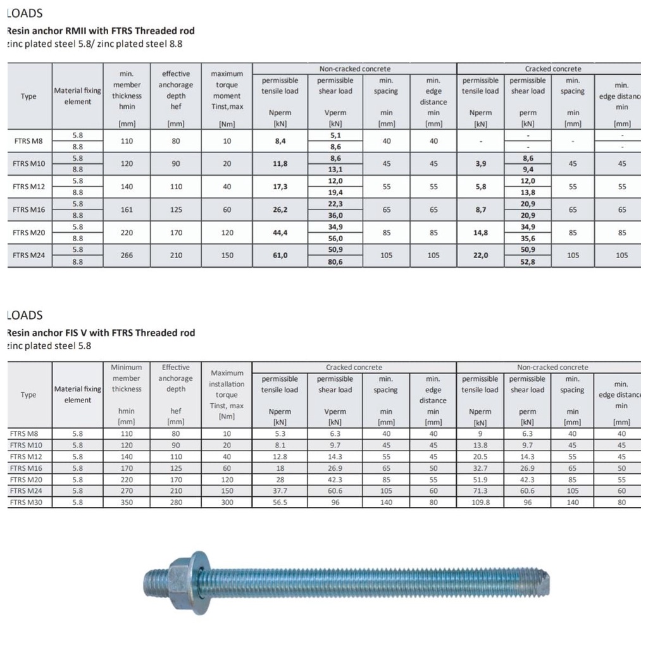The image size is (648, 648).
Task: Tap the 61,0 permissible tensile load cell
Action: (280, 255)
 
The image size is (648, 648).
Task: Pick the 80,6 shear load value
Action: (335, 261)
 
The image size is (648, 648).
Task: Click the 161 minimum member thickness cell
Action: (127, 209)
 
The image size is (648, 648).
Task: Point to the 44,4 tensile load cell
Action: (280, 232)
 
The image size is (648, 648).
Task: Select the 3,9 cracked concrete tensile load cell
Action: (480, 163)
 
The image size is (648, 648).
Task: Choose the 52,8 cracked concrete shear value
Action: (527, 261)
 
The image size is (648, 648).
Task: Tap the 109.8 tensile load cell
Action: (480, 502)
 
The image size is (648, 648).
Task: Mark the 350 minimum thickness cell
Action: (127, 502)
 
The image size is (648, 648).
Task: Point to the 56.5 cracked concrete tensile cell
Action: (280, 502)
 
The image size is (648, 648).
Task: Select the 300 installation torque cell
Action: (227, 502)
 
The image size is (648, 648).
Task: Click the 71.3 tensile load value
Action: (480, 490)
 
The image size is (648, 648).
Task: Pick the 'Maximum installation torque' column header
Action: (227, 394)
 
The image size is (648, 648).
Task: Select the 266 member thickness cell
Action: (127, 255)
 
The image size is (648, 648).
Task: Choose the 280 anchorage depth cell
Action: (176, 502)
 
